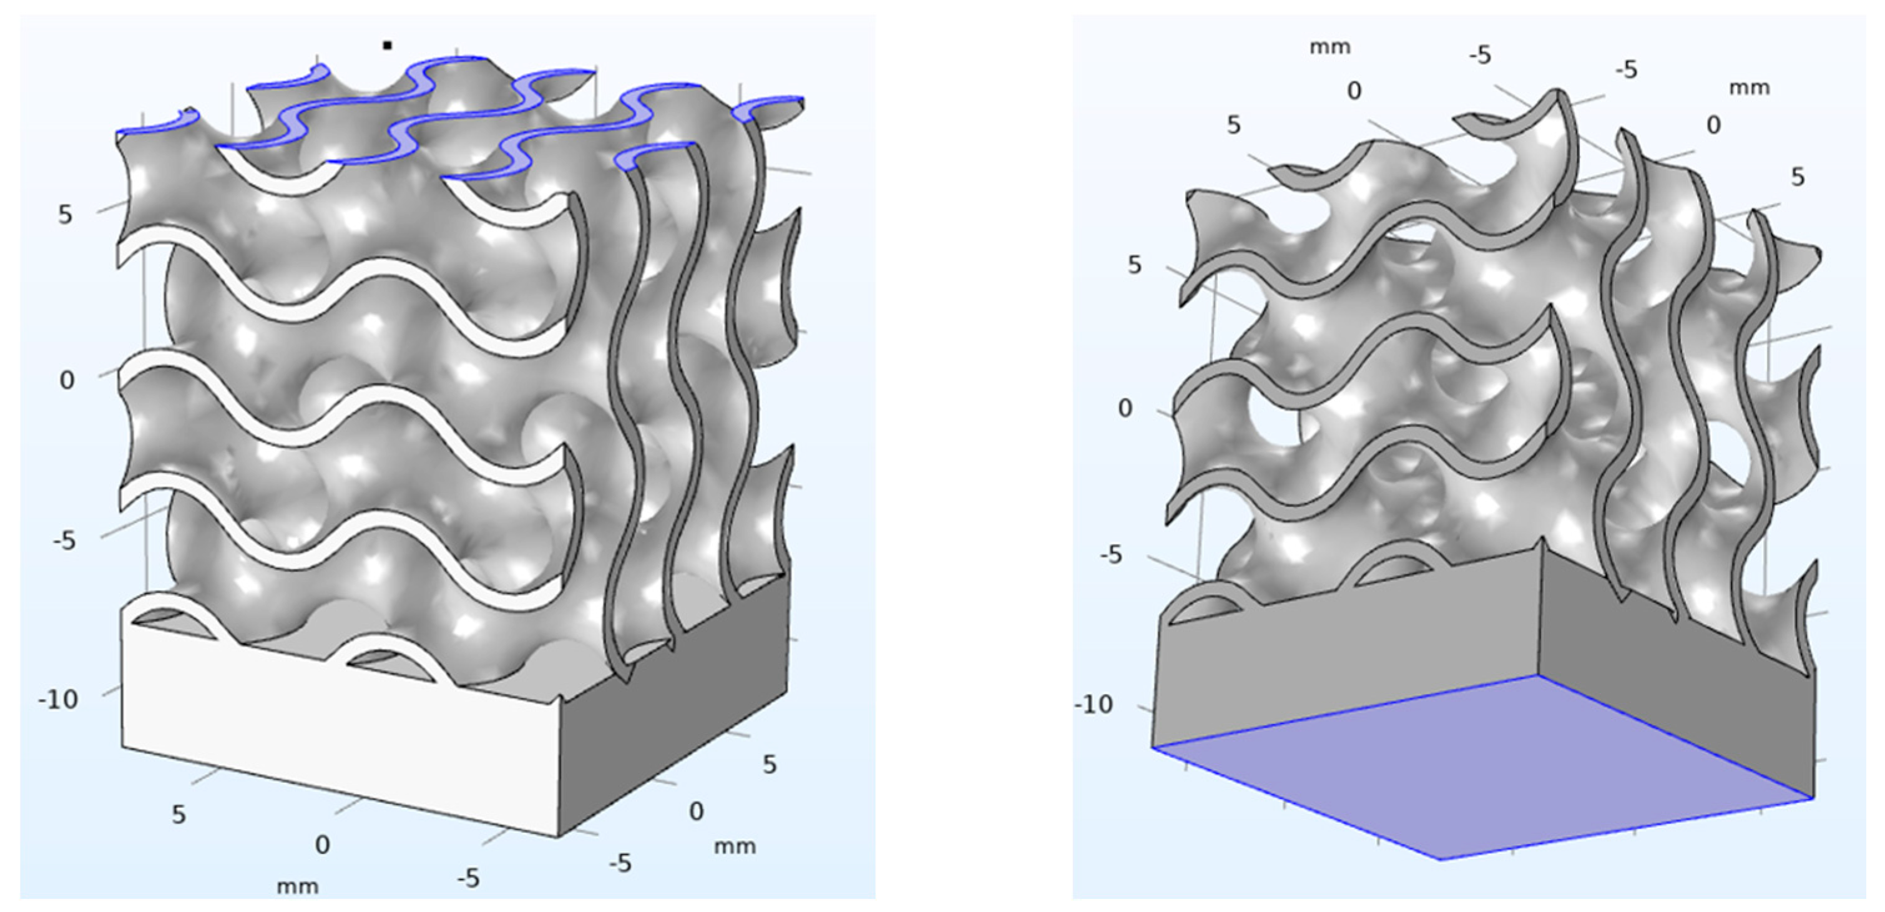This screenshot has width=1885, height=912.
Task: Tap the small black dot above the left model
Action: (x=387, y=46)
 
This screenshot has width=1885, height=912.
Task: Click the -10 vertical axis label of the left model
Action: (x=58, y=700)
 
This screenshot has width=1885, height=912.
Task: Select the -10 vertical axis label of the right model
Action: (x=1094, y=705)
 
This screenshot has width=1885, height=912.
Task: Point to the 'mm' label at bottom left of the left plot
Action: (x=297, y=887)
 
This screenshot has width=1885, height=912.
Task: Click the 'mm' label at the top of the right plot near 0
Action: (x=1329, y=47)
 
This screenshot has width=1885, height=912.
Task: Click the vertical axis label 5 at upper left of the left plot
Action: (x=66, y=215)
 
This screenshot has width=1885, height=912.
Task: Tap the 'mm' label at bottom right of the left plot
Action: (x=734, y=847)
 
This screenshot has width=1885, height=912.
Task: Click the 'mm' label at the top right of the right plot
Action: (x=1749, y=89)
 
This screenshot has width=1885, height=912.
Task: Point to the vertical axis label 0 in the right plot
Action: (x=1125, y=408)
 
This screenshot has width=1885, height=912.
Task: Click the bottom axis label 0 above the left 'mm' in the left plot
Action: (x=322, y=845)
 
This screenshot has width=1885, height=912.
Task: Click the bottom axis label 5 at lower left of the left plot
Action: (x=179, y=815)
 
